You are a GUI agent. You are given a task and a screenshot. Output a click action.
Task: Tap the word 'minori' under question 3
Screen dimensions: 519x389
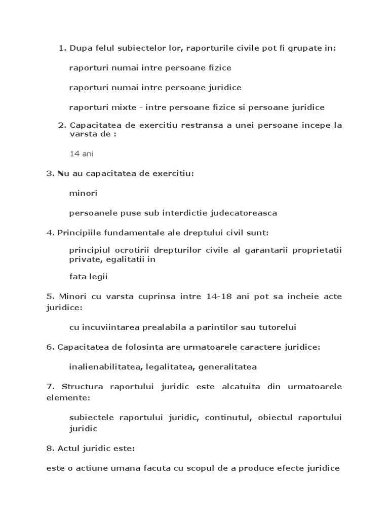pos(83,193)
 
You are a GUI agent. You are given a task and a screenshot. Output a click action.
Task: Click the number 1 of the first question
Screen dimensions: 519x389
pos(62,48)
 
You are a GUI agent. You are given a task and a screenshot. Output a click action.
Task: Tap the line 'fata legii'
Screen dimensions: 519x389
pos(88,277)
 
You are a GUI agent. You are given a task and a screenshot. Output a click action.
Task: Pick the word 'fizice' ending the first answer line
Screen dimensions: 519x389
pos(219,67)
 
